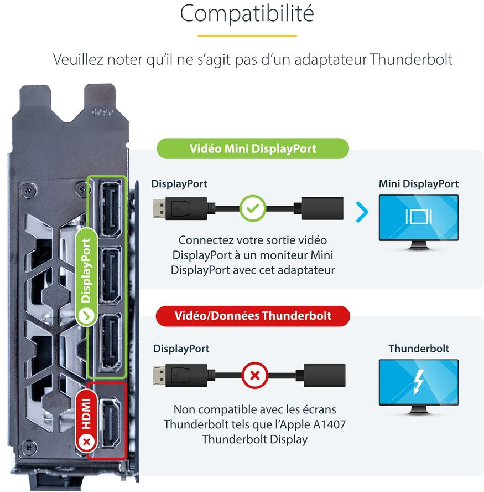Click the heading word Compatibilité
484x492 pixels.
(x=247, y=14)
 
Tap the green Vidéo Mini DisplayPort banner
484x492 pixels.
(x=253, y=148)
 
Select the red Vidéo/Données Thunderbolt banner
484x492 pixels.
(x=253, y=316)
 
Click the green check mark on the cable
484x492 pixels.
(x=253, y=209)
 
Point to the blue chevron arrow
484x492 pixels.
(x=362, y=211)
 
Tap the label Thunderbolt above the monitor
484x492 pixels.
(x=419, y=348)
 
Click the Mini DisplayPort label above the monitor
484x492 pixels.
(x=419, y=184)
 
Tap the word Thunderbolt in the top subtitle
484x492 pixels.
(x=412, y=59)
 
